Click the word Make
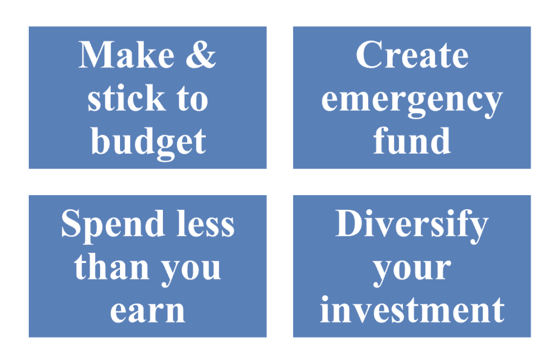click(126, 55)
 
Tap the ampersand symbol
click(201, 54)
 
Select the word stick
click(126, 98)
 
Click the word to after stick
click(192, 99)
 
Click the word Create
click(412, 55)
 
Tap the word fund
click(412, 141)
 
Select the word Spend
click(112, 226)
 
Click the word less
click(206, 223)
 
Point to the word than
click(111, 266)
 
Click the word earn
click(148, 311)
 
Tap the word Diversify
click(412, 226)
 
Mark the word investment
click(412, 309)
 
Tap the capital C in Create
click(369, 55)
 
